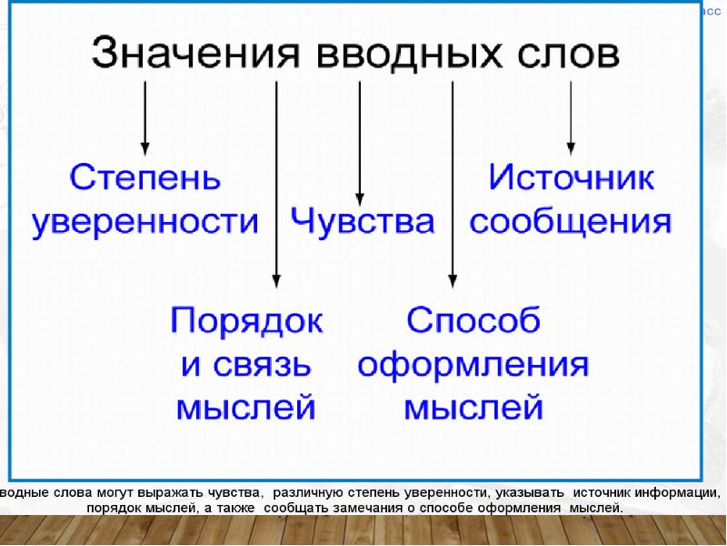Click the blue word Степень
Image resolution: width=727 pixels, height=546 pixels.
coord(145,177)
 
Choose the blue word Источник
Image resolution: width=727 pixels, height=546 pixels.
coord(571,177)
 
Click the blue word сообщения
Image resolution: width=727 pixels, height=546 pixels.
coord(571,221)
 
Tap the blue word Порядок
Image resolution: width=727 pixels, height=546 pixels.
coord(247,320)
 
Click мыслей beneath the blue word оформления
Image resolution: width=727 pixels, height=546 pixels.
coord(473,407)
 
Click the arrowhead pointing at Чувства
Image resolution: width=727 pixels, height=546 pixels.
coord(361,197)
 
